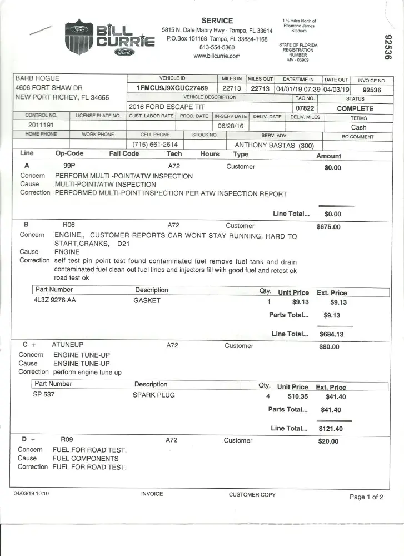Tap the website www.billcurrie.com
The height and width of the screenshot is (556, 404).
pyautogui.click(x=217, y=56)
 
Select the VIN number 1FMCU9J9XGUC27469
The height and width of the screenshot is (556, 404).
pyautogui.click(x=172, y=88)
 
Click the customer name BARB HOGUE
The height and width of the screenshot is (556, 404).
pyautogui.click(x=37, y=78)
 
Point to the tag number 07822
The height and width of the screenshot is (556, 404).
pyautogui.click(x=306, y=108)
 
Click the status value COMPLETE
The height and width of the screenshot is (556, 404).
pyautogui.click(x=355, y=108)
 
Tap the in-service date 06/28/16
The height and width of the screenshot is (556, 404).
pyautogui.click(x=231, y=126)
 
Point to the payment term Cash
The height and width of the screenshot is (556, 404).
pyautogui.click(x=358, y=127)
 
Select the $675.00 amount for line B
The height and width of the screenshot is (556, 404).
pyautogui.click(x=328, y=227)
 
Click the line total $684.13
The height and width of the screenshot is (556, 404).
pyautogui.click(x=332, y=334)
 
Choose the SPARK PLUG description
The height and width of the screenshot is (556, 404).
pyautogui.click(x=153, y=395)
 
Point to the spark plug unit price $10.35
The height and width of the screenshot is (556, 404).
pyautogui.click(x=298, y=396)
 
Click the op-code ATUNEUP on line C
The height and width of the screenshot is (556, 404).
pyautogui.click(x=67, y=345)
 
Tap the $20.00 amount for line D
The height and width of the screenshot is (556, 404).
pyautogui.click(x=328, y=441)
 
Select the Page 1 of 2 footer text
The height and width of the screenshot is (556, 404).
pyautogui.click(x=366, y=497)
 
